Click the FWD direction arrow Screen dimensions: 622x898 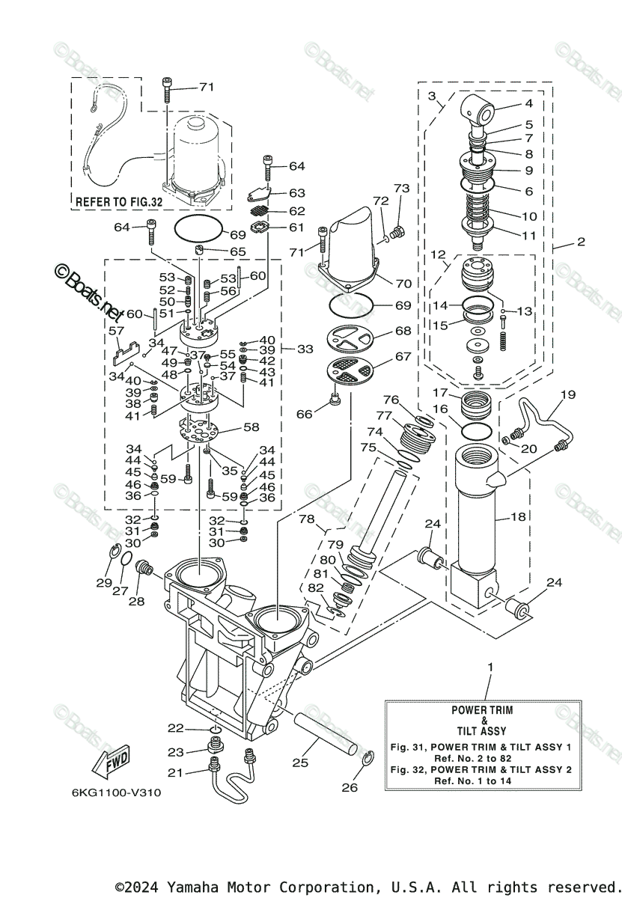click(112, 761)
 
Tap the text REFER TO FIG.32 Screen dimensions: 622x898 click(119, 202)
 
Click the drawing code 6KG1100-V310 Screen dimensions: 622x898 click(117, 792)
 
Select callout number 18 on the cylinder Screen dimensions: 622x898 click(518, 517)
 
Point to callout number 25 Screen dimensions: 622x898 click(300, 763)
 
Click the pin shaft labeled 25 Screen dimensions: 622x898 click(326, 730)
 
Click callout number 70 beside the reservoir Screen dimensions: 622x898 click(403, 284)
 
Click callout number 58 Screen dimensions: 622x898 click(251, 427)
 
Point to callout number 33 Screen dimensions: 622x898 click(305, 349)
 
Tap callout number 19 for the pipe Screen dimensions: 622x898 click(567, 394)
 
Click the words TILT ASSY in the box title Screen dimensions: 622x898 click(481, 731)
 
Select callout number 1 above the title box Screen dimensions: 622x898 click(490, 667)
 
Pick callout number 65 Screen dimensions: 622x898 click(237, 251)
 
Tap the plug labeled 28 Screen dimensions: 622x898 click(144, 569)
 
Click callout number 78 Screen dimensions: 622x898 click(307, 519)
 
